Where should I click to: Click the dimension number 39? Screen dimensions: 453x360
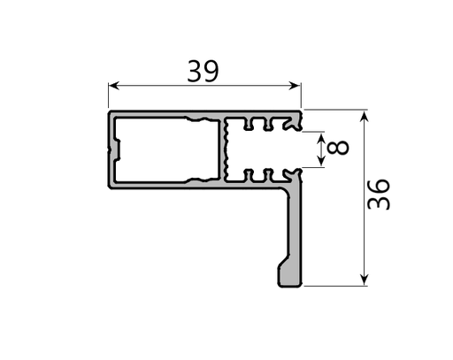[203, 71]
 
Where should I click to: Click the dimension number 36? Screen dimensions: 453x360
[379, 194]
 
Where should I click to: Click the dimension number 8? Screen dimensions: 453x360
[338, 148]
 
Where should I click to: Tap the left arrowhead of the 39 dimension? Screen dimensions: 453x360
[113, 86]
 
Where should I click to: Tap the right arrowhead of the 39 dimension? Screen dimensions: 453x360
[296, 86]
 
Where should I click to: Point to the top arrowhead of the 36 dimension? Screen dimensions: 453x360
[365, 117]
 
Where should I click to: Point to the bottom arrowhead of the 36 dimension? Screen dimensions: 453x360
[365, 279]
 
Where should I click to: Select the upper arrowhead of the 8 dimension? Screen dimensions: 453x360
[321, 139]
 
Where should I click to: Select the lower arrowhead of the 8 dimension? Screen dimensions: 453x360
[321, 160]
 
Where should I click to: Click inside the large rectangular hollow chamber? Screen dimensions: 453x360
[166, 149]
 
